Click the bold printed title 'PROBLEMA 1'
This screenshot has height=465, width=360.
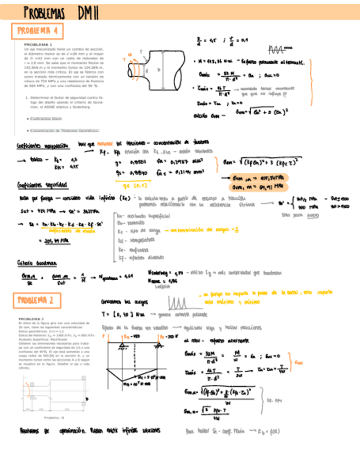point(38,44)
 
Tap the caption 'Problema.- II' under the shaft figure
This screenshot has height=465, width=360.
point(55,416)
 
